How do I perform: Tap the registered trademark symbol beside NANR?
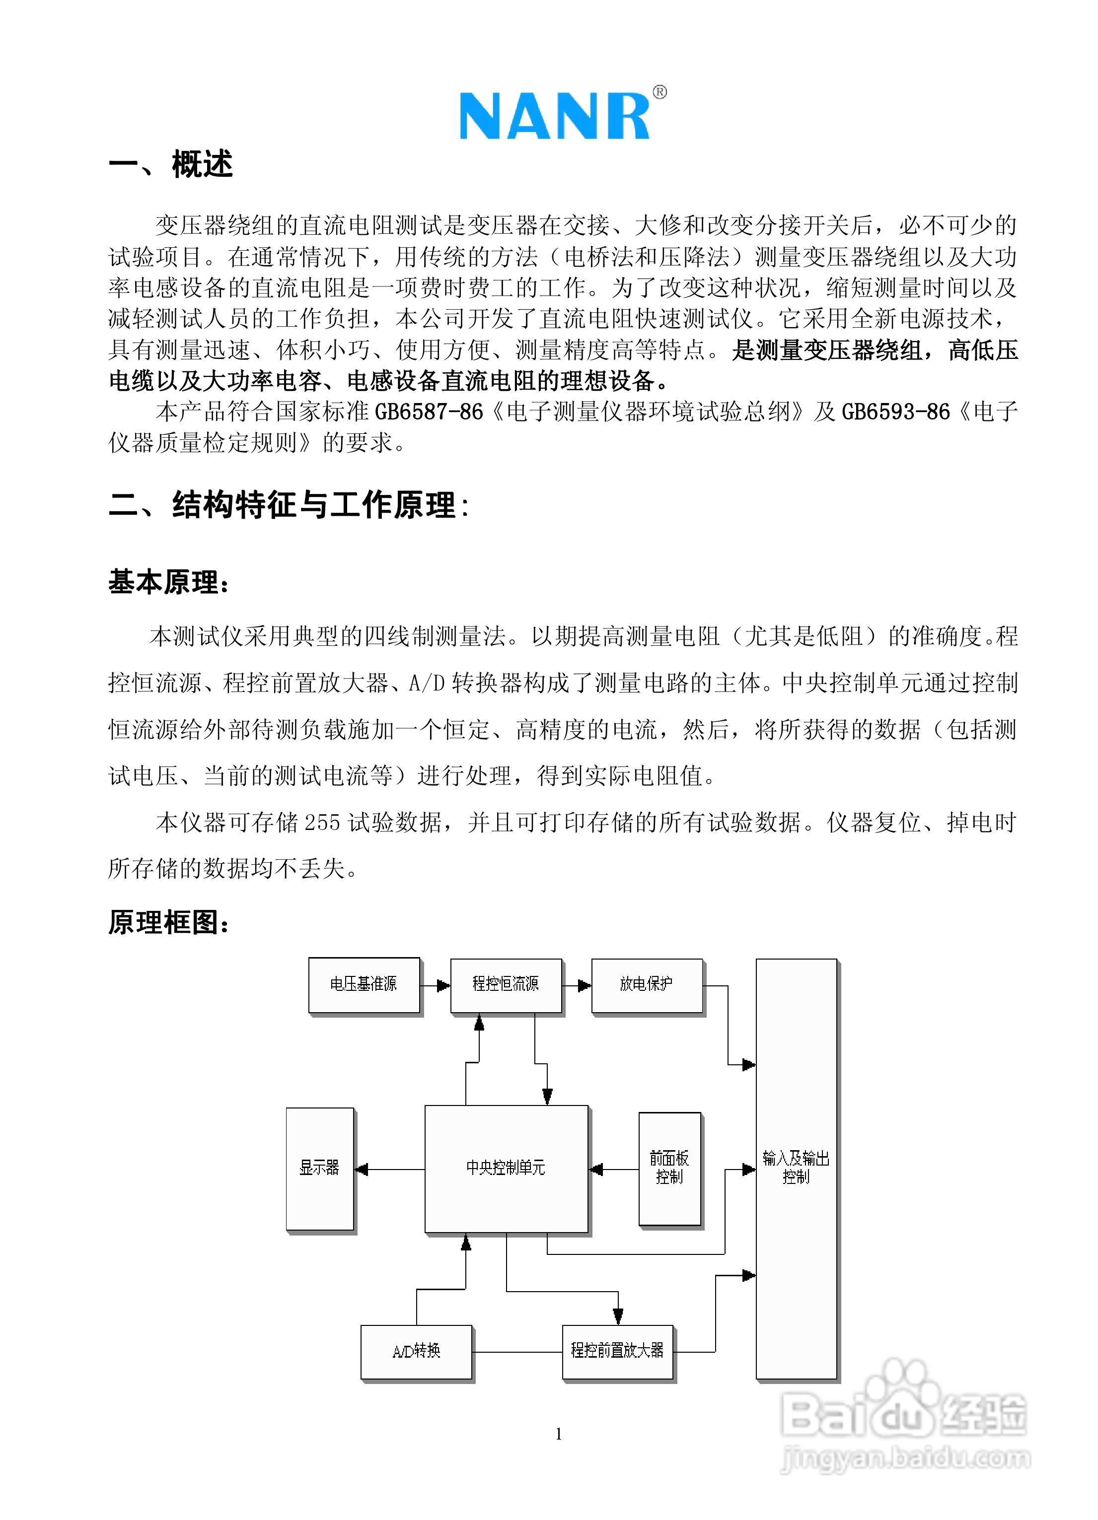659,92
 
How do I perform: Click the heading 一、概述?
170,165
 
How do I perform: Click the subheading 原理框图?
167,923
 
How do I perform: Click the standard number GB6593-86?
895,412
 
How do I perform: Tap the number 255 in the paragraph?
322,823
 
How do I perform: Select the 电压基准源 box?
364,984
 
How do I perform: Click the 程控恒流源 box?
506,984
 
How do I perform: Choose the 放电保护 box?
646,984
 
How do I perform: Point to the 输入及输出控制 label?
796,1168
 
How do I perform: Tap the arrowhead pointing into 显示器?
362,1170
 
